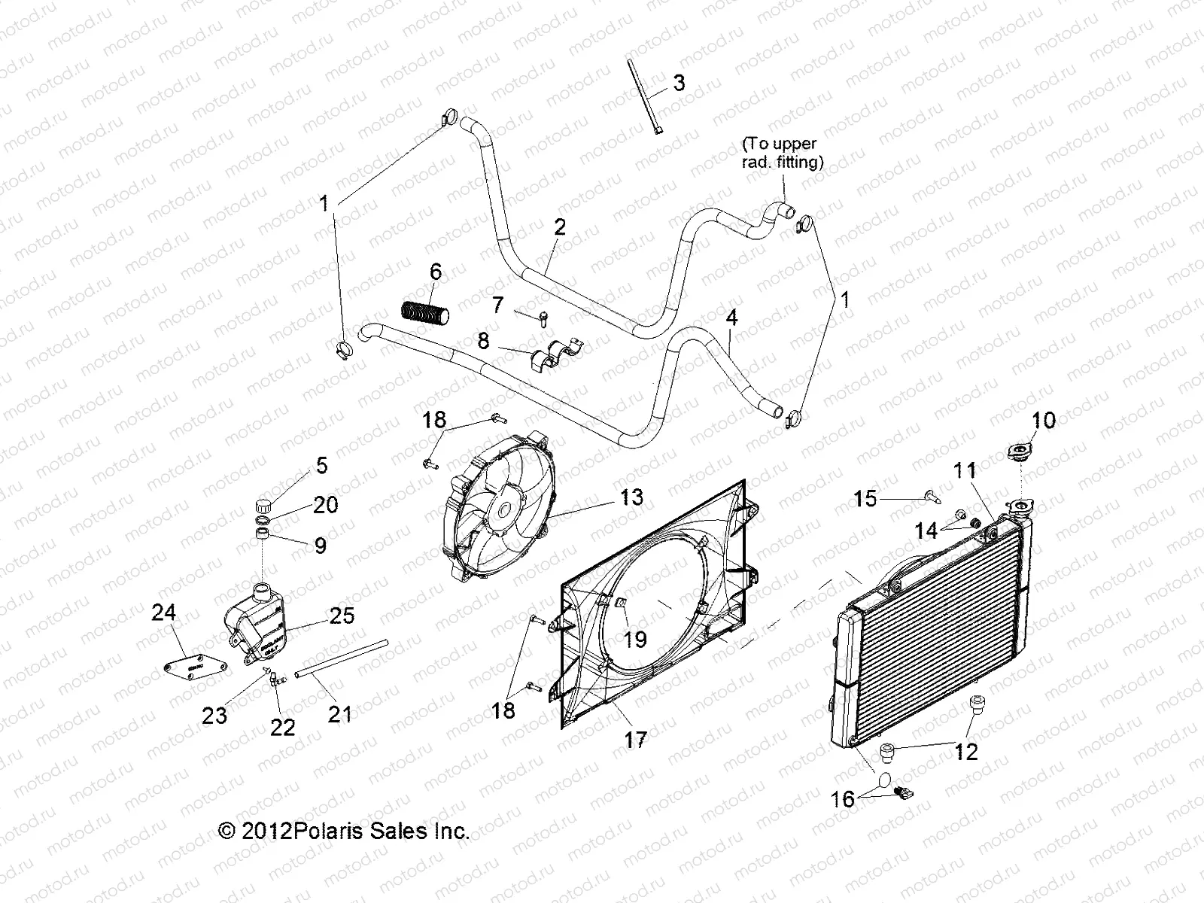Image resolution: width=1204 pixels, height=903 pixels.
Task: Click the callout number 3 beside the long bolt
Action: coord(678,83)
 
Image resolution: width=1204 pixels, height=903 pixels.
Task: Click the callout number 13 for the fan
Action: coord(631,497)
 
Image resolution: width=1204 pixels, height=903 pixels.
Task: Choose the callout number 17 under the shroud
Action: coord(635,739)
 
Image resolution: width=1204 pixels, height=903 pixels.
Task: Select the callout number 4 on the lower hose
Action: coord(731,318)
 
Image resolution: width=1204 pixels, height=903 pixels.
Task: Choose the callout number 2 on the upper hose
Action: coord(559,227)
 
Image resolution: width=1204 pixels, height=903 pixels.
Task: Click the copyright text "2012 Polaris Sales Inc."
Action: coord(344,831)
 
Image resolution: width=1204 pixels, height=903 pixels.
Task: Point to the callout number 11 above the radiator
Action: coord(965,471)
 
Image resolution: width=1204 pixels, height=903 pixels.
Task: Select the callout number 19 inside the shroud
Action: coord(635,639)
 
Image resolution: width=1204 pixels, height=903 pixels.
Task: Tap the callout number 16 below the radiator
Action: coord(843,798)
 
